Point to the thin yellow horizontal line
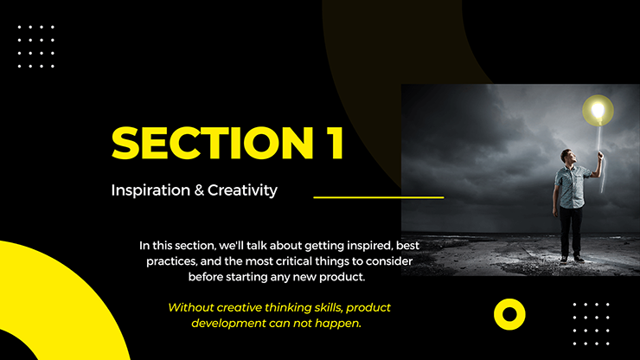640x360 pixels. pyautogui.click(x=378, y=197)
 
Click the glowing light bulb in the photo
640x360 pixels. pyautogui.click(x=597, y=110)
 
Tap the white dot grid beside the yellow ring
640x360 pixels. pyautogui.click(x=592, y=317)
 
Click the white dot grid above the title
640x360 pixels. pyautogui.click(x=36, y=47)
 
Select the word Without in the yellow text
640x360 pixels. pyautogui.click(x=193, y=307)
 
